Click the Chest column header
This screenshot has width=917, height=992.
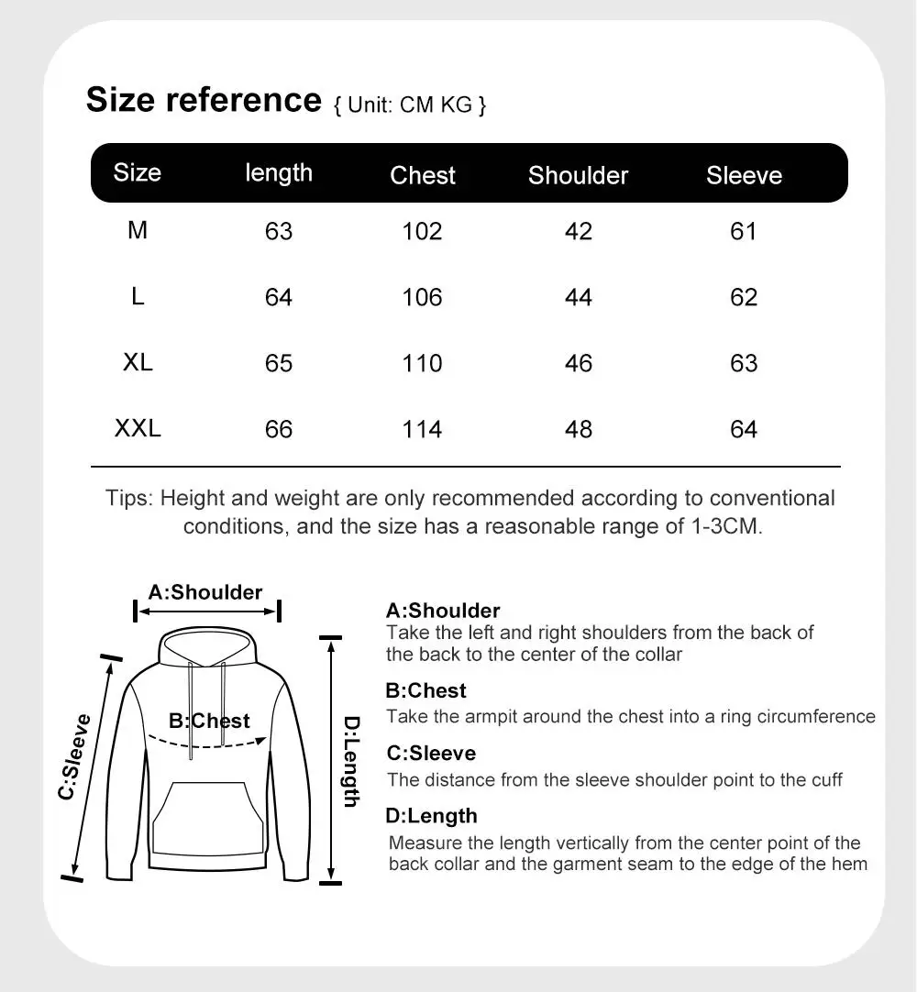[422, 175]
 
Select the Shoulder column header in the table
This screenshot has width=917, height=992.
[578, 175]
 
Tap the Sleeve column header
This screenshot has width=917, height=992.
[744, 175]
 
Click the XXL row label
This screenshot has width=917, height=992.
[138, 428]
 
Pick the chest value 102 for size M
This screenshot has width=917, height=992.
[422, 231]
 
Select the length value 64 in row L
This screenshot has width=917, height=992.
[279, 297]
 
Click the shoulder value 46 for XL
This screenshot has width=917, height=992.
[579, 363]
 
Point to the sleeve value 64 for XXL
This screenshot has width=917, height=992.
[744, 429]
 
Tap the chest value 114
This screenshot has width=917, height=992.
[422, 429]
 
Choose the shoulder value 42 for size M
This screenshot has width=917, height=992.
[579, 231]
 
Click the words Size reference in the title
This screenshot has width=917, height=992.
[204, 99]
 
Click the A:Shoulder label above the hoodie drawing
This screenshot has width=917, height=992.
[205, 592]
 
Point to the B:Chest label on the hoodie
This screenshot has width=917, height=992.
[209, 722]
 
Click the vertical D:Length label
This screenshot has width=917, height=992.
[351, 761]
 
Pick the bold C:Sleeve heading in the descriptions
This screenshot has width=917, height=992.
[431, 754]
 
